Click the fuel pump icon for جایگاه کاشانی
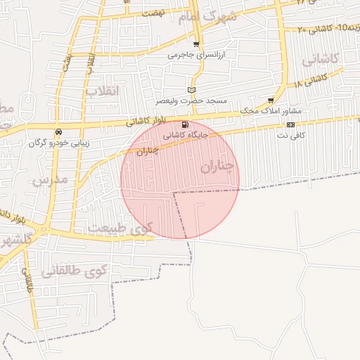click(185, 124)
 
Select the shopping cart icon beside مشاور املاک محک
click(271, 101)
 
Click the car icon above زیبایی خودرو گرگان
click(58, 131)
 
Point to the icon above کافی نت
click(290, 124)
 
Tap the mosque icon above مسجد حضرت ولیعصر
click(192, 90)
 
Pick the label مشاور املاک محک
click(271, 111)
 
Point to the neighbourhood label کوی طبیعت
click(120, 228)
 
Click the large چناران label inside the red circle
click(215, 165)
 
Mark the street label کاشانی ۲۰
click(314, 29)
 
